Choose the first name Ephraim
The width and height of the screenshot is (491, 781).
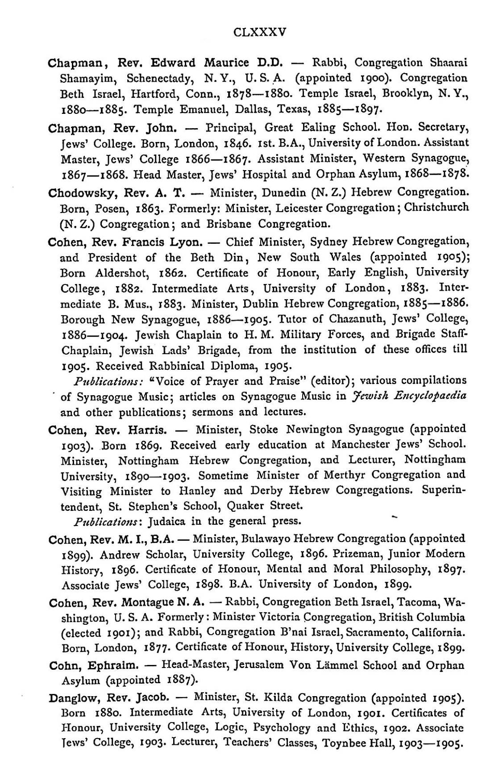coord(112,665)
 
